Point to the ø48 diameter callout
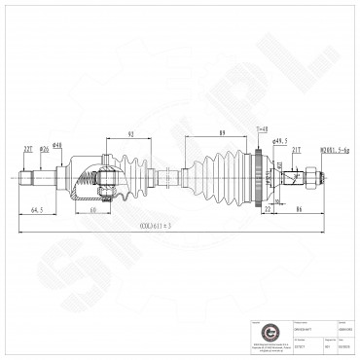pos(57,147)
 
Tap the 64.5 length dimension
pos(35,208)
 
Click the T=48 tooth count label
pos(262,128)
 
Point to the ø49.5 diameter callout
pos(281,141)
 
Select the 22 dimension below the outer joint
pos(268,208)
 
